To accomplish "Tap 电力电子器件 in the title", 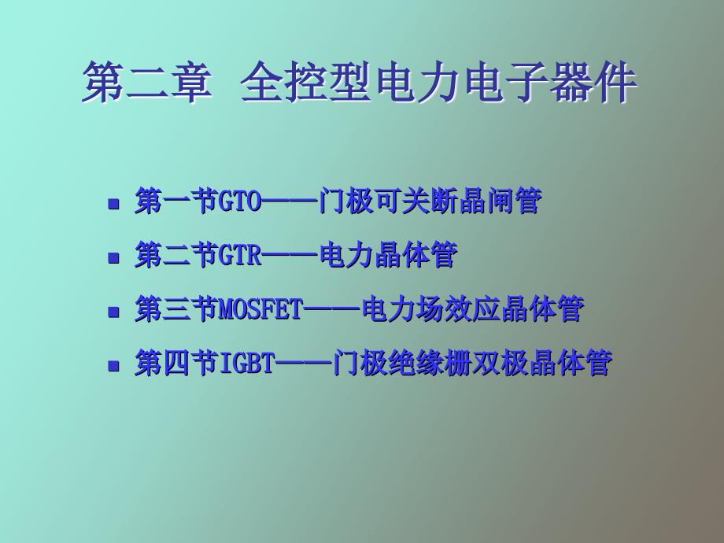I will [504, 84].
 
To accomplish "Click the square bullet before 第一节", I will [114, 204].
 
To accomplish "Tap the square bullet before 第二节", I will [114, 258].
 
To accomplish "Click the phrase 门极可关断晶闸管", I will [430, 202].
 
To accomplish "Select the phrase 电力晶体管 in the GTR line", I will [388, 257].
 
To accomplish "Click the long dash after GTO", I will [289, 202].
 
